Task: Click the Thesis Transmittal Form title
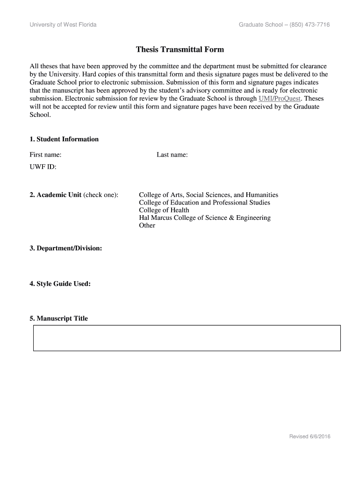(180, 49)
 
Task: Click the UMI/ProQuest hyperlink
(279, 99)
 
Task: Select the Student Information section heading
(64, 139)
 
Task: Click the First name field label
(46, 154)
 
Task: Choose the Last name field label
(172, 154)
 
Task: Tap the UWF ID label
(43, 166)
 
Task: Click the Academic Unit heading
(55, 195)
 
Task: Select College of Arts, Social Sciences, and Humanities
(209, 195)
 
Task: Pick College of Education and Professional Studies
(204, 203)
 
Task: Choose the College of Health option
(164, 210)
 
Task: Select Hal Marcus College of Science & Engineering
(205, 218)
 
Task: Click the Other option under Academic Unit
(147, 225)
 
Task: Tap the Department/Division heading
(65, 248)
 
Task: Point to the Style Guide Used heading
(60, 283)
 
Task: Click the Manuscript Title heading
(58, 319)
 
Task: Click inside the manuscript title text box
(187, 338)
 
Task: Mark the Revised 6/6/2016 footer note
(310, 436)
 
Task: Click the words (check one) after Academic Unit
(101, 195)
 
